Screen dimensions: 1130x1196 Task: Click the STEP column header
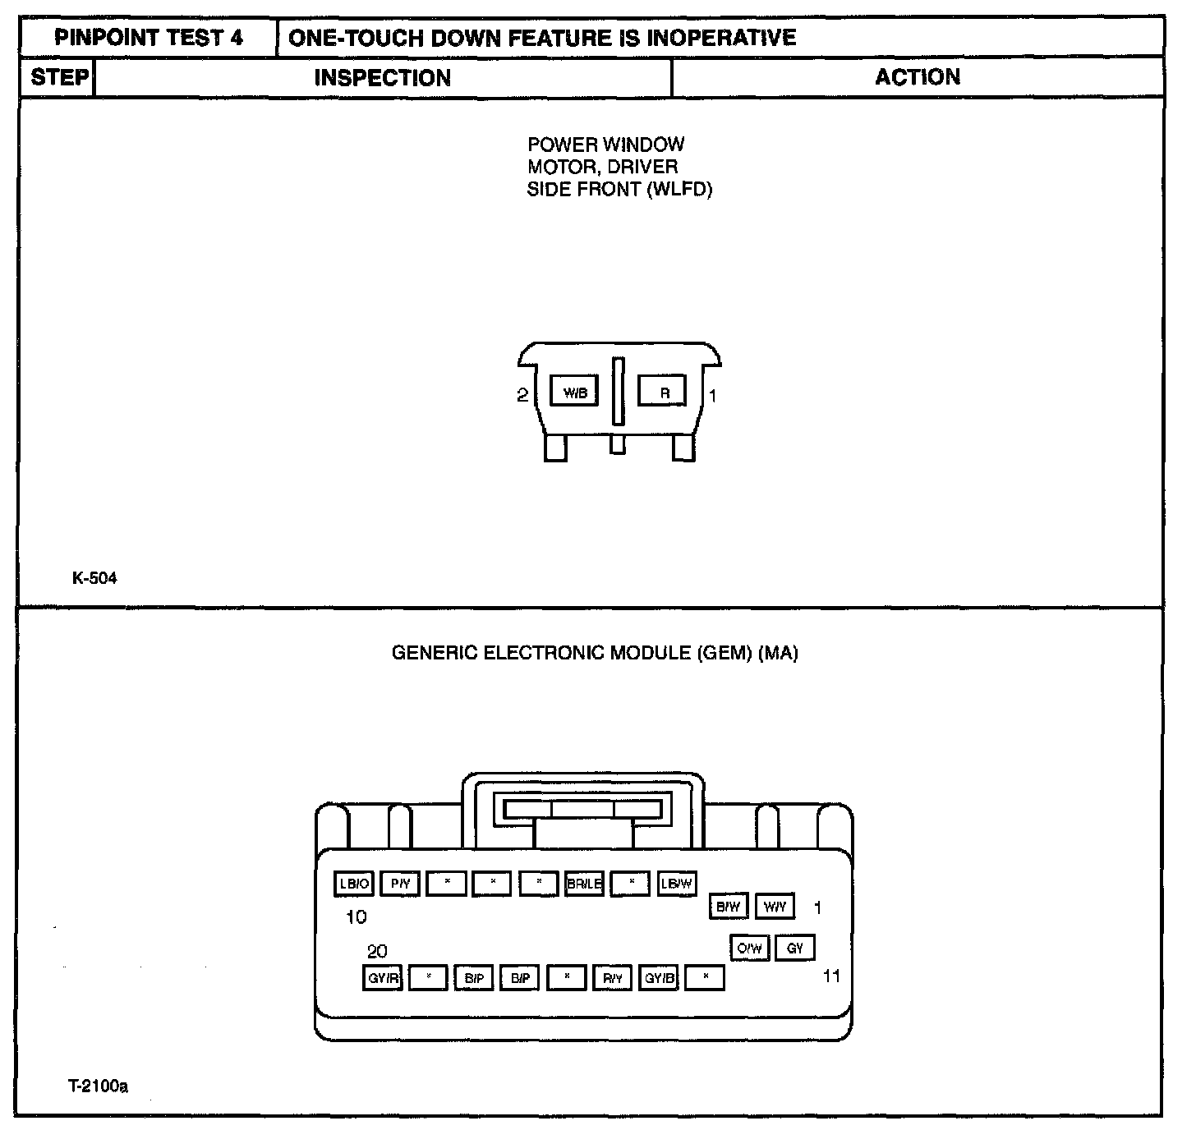coord(59,78)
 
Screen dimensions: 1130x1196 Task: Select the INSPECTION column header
coord(382,78)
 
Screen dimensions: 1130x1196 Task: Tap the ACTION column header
coord(917,77)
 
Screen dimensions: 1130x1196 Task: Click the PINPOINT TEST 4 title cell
coord(149,38)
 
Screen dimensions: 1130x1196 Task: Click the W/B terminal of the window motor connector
coord(575,393)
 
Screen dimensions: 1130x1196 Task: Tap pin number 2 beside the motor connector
coord(522,396)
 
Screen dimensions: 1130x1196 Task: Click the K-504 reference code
coord(94,578)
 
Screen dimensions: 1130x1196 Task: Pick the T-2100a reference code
coord(98,1086)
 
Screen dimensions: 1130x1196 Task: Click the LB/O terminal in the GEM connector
coord(355,884)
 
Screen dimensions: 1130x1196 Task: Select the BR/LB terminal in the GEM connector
coord(585,884)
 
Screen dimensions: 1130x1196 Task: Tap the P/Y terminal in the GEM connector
coord(401,884)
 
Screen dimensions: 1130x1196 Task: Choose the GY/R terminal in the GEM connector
coord(383,978)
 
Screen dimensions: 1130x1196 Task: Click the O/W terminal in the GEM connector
coord(749,949)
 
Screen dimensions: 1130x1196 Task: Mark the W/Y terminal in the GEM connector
coord(775,907)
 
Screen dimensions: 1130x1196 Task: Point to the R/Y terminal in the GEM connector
coord(613,978)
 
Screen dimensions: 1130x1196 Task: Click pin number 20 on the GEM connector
coord(377,951)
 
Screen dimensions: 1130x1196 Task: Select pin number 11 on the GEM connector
coord(831,976)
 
